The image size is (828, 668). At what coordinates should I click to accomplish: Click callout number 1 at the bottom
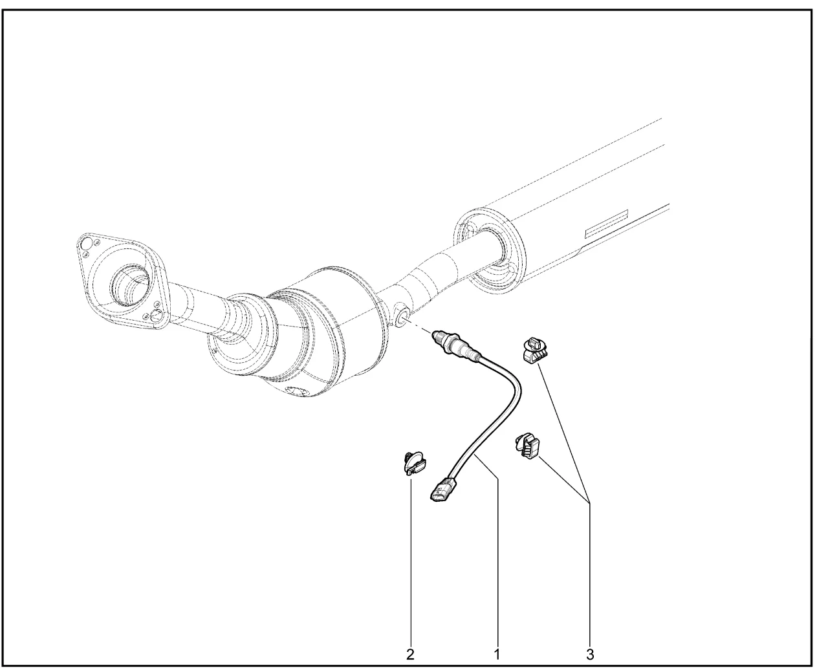click(497, 654)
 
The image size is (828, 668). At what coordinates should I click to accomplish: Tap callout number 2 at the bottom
click(410, 654)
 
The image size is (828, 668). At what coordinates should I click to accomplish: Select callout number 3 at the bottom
click(590, 654)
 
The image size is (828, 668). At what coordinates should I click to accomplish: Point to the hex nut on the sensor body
click(452, 345)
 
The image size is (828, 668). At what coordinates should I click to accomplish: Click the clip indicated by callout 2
click(413, 463)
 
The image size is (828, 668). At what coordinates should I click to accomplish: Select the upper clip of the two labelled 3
click(536, 350)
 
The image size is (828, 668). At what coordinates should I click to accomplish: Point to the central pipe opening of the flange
click(131, 285)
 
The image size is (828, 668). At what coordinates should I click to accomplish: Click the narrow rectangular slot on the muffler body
click(607, 224)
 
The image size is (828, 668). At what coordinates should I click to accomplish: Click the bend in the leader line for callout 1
click(498, 479)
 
